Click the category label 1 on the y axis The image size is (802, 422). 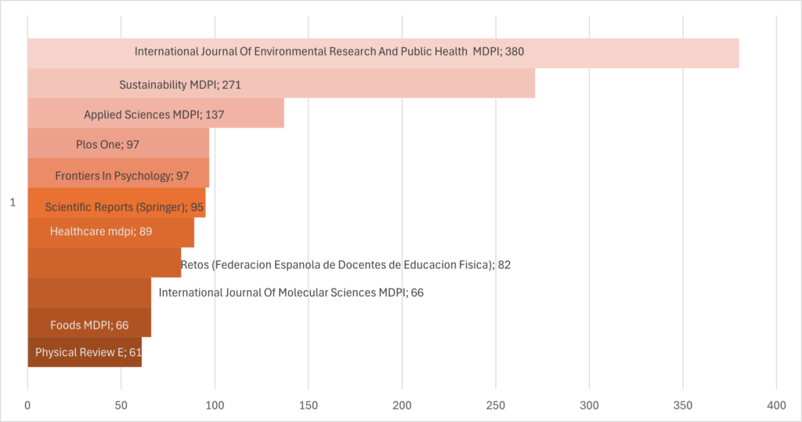(13, 203)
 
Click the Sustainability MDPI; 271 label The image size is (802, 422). (185, 84)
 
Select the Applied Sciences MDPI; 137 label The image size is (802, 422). (154, 115)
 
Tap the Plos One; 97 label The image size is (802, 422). (107, 145)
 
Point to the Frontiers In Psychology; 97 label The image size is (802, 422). (122, 176)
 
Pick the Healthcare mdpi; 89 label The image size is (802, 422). (101, 231)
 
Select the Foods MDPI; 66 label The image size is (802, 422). (89, 325)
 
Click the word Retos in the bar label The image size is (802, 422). (195, 264)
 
